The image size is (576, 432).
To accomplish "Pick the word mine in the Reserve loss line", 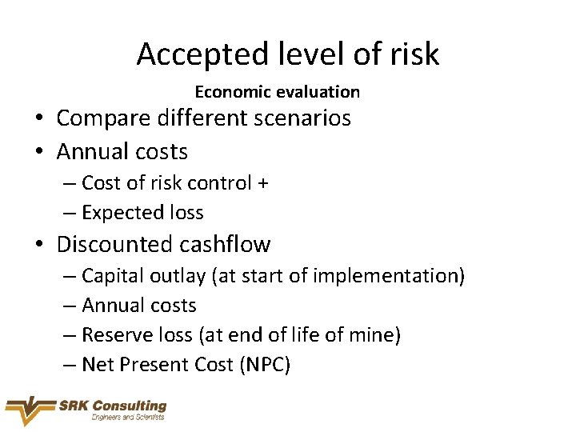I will click(370, 335).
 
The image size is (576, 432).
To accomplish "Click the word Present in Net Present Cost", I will click(154, 366).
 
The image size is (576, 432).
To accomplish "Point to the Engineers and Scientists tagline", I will click(128, 418).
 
